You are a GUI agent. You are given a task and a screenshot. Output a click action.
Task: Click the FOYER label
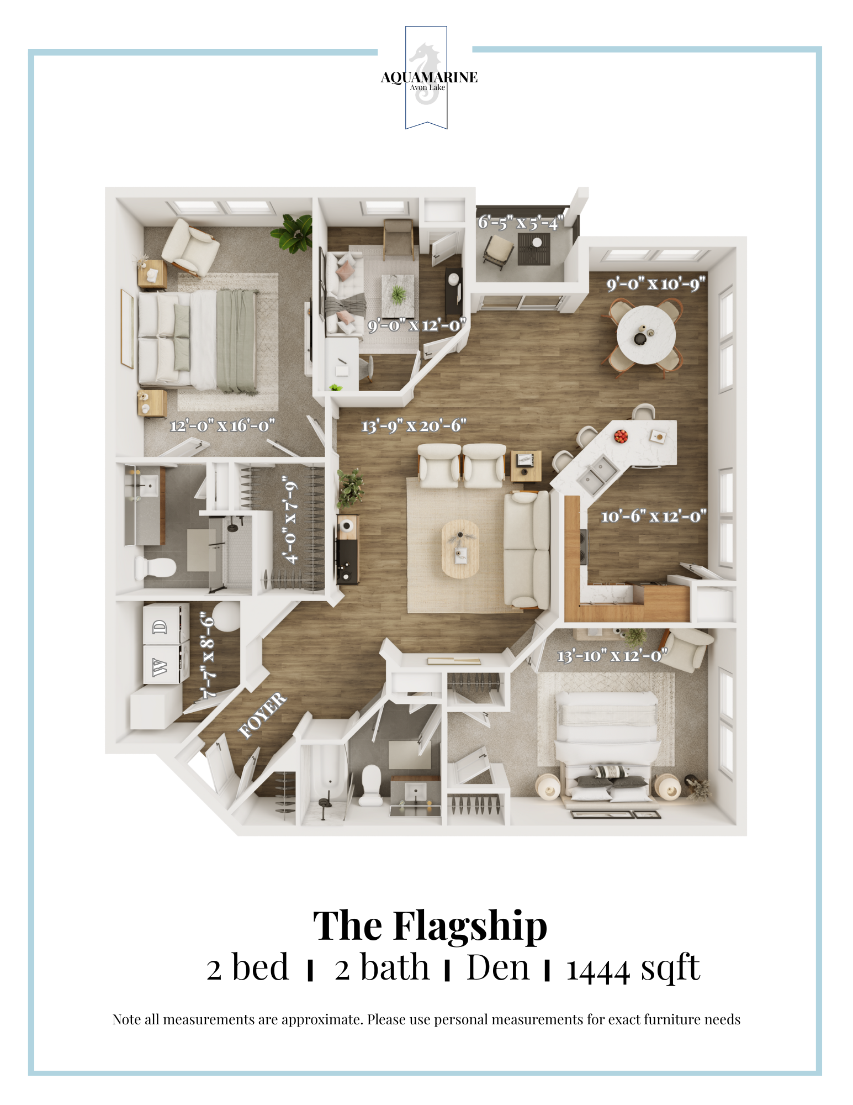point(262,715)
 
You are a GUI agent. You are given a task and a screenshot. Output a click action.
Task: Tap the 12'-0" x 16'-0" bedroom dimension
point(222,425)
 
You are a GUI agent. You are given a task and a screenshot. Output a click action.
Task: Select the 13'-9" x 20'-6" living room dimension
point(414,425)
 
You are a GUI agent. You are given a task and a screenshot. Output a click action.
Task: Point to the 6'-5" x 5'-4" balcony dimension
point(521,223)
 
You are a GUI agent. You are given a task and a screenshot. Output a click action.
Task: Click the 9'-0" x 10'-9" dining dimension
point(656,284)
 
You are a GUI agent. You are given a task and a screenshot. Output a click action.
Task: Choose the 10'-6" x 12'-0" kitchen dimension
point(654,516)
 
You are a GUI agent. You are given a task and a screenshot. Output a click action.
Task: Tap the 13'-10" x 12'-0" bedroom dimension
point(612,656)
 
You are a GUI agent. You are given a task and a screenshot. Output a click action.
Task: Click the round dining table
point(646,335)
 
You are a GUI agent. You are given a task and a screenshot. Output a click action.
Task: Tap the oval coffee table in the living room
point(460,549)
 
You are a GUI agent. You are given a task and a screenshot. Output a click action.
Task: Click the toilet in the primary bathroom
point(155,567)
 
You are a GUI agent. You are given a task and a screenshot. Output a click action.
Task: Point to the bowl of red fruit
point(621,436)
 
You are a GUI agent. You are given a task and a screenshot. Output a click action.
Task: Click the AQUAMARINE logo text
point(429,77)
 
